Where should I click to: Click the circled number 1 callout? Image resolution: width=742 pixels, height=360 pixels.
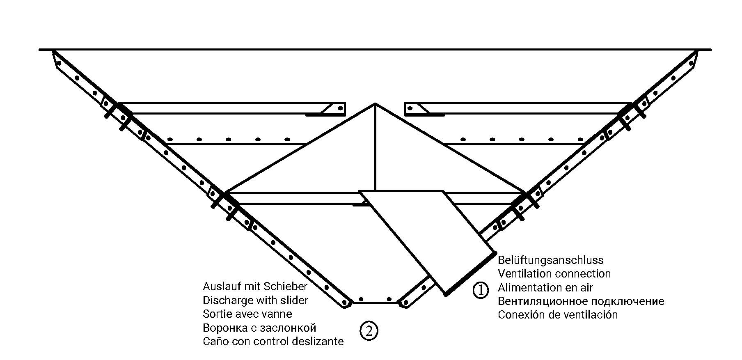tap(481, 290)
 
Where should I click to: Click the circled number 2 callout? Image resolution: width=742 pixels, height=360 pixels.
tap(369, 330)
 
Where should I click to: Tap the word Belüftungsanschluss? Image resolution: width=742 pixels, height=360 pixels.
tap(550, 260)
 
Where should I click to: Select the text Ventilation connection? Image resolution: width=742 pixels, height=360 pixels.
tap(554, 274)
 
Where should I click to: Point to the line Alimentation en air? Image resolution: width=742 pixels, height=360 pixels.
tap(545, 287)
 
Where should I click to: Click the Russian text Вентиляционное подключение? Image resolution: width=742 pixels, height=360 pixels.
tap(581, 301)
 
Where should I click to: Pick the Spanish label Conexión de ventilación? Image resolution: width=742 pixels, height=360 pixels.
tap(557, 315)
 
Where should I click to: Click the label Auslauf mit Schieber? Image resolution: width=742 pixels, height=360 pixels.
tap(255, 286)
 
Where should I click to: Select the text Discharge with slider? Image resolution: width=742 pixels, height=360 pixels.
tap(255, 300)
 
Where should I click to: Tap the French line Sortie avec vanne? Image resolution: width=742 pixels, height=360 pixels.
tap(247, 314)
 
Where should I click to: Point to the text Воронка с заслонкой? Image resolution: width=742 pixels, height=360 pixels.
tap(259, 328)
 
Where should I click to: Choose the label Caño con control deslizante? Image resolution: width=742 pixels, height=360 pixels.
tap(273, 342)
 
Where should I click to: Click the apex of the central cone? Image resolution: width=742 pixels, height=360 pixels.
tap(375, 103)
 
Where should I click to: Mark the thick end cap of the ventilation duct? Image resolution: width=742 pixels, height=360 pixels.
tap(470, 273)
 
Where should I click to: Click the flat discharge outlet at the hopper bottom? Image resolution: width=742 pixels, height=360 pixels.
tap(375, 303)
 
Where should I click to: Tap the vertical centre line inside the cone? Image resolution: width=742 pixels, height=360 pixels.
tap(375, 148)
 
